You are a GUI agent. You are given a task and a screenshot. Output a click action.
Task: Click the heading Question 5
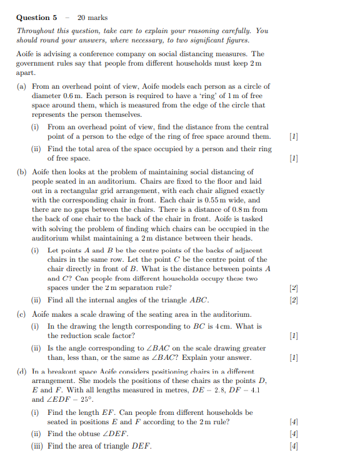[37, 17]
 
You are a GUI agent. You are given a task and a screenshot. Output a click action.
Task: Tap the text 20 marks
[92, 17]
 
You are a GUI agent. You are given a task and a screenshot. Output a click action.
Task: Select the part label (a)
[22, 86]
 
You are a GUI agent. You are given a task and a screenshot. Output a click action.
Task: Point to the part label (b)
[22, 172]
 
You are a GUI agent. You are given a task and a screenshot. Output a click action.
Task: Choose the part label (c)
[22, 314]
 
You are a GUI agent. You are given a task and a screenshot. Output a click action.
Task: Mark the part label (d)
[22, 371]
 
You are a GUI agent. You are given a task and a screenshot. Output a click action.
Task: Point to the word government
[37, 63]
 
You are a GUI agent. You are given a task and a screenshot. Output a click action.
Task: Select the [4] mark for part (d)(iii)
[294, 446]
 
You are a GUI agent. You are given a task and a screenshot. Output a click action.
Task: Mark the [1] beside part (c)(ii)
[294, 358]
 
